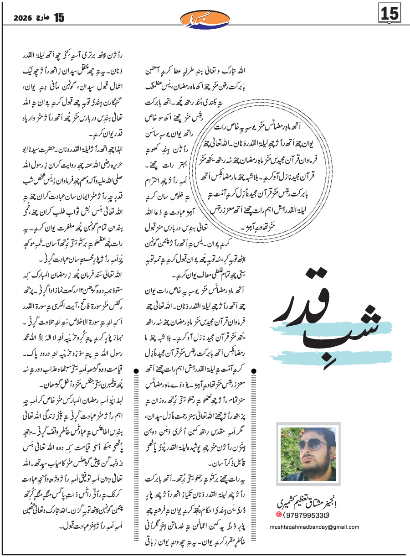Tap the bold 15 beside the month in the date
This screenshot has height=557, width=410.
(x=47, y=18)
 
